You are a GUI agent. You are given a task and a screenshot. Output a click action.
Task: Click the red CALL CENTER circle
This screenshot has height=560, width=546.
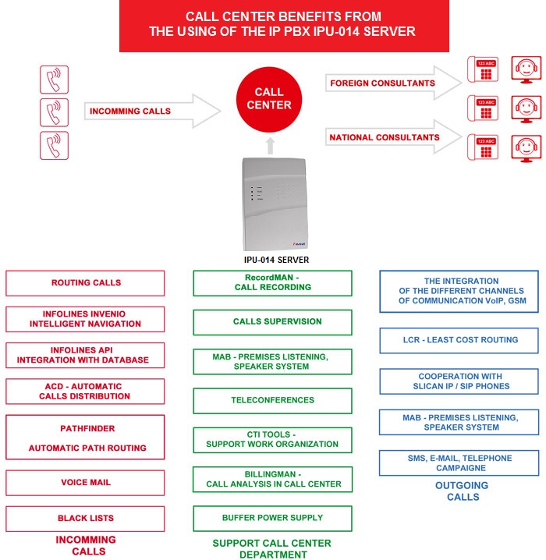pos(269,99)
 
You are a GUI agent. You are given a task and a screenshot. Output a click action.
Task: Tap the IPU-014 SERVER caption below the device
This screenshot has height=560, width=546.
pos(276,260)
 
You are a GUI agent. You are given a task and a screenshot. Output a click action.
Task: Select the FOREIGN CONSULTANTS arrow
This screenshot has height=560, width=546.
pos(394,83)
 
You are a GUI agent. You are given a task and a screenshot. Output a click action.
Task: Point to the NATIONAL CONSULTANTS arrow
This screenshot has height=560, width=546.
pos(394,137)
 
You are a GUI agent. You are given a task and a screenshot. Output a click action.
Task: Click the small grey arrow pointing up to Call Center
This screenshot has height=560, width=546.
pos(271,146)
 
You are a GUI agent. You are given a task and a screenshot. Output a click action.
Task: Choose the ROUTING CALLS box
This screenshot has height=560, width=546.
pos(85,283)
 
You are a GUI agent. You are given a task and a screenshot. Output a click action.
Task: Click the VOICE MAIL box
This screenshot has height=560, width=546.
pos(85,483)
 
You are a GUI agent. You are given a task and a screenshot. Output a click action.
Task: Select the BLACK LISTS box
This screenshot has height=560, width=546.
pos(85,519)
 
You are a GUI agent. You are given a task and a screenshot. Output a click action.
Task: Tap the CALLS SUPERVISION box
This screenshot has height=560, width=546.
pos(272,322)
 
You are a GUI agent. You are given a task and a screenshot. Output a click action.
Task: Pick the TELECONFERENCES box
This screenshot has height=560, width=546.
pos(272,401)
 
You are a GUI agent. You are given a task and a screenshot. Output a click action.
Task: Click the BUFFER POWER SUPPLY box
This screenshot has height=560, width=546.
pos(272,518)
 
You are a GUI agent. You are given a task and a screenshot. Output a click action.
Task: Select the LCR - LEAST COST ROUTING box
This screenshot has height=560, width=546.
pos(459,340)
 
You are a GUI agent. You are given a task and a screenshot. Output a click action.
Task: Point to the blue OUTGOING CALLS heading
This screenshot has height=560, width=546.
pos(462,491)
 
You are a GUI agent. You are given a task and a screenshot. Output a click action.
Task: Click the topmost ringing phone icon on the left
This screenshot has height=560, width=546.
pos(54,80)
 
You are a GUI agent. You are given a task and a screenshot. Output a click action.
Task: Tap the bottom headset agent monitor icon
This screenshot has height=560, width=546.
pos(526,148)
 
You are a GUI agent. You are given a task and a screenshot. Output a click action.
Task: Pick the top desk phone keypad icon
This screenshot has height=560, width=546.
pos(483,69)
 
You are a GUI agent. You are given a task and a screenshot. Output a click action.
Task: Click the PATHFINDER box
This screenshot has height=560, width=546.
pos(85,437)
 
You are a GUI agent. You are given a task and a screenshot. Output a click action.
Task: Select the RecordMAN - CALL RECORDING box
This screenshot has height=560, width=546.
pos(272,283)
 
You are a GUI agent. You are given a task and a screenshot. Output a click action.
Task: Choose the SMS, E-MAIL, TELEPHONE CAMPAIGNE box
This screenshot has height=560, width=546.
pos(459,463)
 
